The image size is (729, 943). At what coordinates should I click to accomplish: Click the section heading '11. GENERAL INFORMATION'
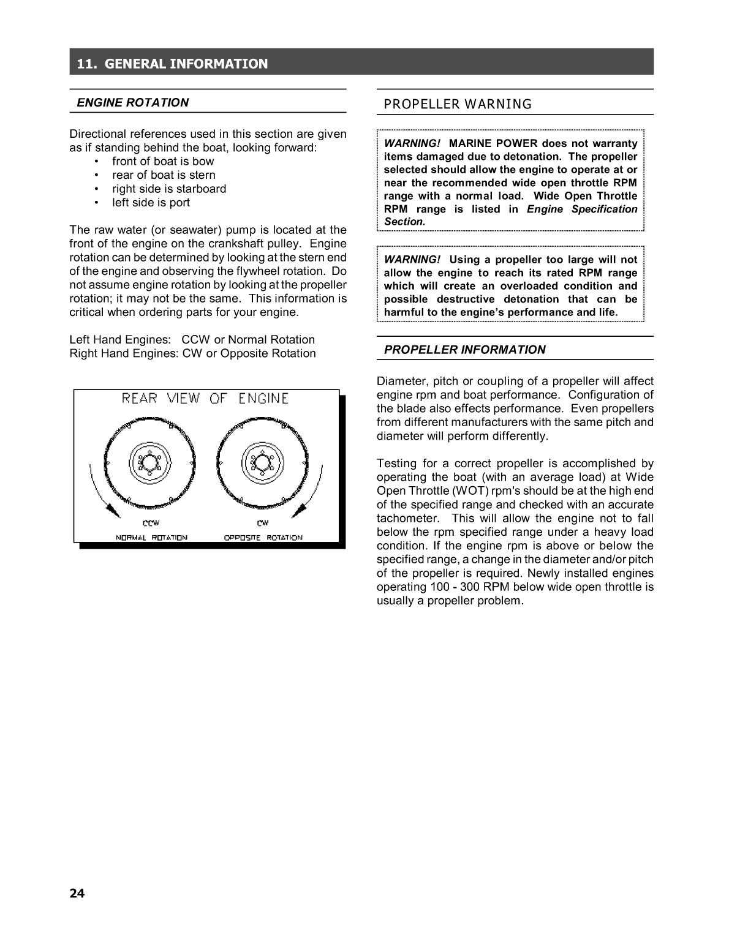click(172, 64)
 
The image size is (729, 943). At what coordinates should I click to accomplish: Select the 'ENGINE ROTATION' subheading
click(132, 103)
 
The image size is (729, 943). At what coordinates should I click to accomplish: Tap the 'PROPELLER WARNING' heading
click(458, 104)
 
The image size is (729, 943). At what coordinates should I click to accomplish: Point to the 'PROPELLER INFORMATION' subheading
click(464, 350)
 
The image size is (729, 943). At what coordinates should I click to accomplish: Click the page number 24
click(77, 893)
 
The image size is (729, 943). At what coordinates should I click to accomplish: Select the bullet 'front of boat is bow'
click(163, 162)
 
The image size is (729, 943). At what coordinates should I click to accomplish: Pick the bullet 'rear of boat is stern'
click(164, 175)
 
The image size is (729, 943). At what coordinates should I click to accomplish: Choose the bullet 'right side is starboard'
click(169, 189)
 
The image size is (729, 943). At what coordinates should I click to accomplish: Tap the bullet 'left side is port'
click(151, 203)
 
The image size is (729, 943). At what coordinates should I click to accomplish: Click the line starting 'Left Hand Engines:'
click(192, 340)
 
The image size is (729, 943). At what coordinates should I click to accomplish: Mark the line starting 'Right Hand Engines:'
click(192, 353)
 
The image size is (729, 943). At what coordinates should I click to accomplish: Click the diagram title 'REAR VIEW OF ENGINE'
click(205, 399)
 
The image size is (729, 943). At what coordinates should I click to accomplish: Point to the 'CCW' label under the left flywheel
click(151, 523)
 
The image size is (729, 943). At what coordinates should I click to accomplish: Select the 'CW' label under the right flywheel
click(262, 523)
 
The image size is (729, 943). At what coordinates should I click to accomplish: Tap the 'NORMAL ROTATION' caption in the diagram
click(152, 538)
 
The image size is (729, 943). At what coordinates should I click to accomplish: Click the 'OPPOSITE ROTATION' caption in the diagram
click(263, 538)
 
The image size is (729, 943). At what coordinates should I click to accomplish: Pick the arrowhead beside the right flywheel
click(300, 509)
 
